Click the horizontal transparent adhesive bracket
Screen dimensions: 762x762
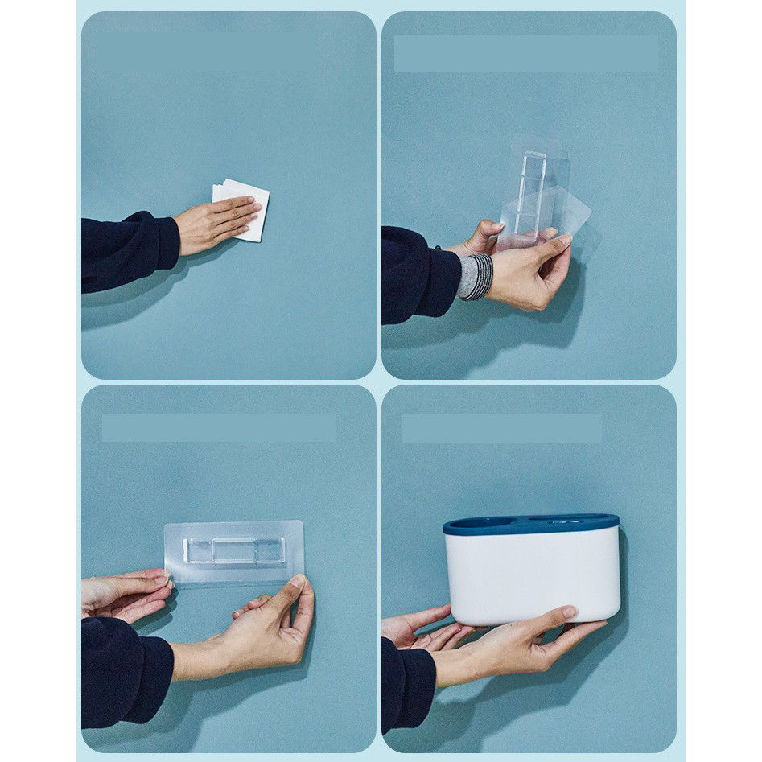(x=233, y=551)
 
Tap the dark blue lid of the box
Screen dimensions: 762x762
(x=531, y=525)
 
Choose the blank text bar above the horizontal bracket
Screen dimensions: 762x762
(x=219, y=427)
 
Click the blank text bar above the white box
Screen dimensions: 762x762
(x=501, y=428)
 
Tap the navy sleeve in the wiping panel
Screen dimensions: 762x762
(x=129, y=250)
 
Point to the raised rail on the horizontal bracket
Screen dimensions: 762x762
(x=233, y=550)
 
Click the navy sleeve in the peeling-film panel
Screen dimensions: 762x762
(x=418, y=274)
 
